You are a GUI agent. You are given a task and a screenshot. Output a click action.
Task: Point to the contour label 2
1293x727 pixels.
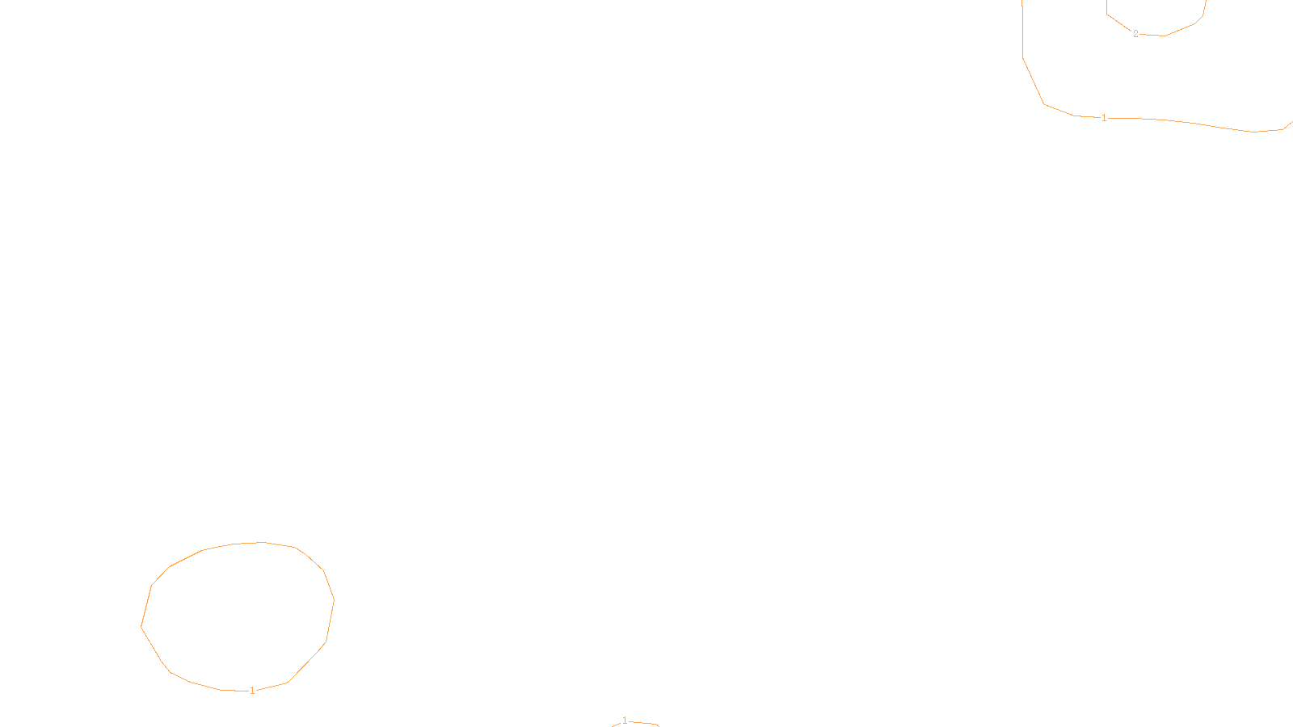pos(1135,34)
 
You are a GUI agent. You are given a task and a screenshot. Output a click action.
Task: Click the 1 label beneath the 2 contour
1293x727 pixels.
pos(1104,118)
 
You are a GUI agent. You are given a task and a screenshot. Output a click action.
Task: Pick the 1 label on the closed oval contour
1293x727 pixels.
pos(252,691)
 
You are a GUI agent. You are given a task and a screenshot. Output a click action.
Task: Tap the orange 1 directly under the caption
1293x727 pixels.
pos(624,721)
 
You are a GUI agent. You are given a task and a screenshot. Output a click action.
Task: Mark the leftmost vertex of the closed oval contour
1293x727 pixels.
pos(141,626)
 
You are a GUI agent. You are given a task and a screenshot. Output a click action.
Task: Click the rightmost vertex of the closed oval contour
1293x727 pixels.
pos(334,600)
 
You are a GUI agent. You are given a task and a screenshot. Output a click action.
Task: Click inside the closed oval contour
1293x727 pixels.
pos(238,618)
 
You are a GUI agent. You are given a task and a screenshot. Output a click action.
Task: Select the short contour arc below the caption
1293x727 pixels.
pos(642,723)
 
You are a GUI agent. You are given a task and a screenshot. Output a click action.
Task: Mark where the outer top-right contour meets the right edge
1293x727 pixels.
pos(1291,122)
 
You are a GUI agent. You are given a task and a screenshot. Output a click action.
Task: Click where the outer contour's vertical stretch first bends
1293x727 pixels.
pos(1023,57)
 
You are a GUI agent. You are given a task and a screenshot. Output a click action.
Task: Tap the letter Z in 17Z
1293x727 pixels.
pos(618,714)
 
